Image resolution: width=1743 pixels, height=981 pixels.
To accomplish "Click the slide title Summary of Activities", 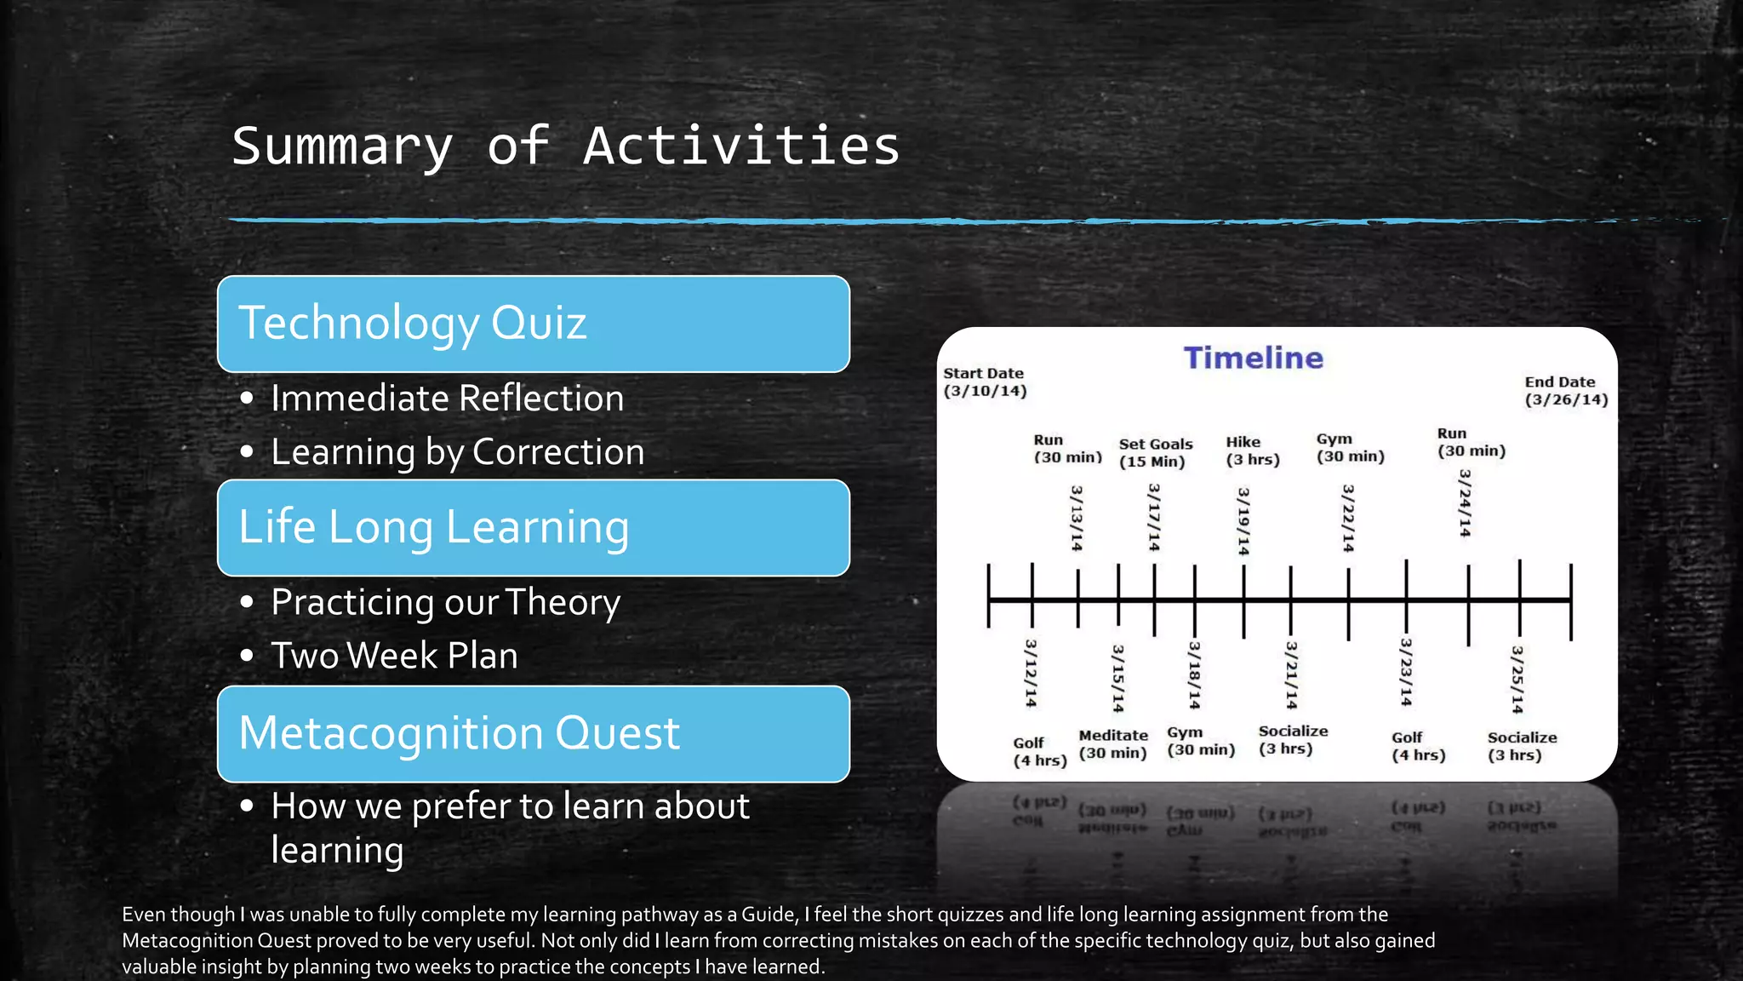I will tap(565, 146).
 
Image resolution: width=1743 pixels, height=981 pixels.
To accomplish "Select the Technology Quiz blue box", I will tap(533, 324).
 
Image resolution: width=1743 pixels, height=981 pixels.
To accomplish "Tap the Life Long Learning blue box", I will tap(533, 527).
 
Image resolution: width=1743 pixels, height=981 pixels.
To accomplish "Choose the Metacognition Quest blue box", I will tap(533, 733).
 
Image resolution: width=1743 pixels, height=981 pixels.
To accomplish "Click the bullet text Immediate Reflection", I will tap(447, 399).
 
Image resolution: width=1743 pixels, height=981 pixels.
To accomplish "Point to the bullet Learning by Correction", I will tap(457, 452).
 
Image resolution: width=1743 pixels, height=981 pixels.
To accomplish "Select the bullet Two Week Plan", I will tap(394, 656).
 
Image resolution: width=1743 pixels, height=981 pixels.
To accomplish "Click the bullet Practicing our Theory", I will tap(445, 602).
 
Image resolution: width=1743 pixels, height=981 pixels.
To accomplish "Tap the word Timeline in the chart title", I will tap(1253, 358).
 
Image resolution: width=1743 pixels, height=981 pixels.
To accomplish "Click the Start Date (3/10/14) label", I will tap(985, 382).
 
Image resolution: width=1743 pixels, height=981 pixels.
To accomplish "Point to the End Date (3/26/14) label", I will tap(1565, 391).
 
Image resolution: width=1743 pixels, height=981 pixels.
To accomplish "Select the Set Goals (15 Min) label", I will tap(1155, 453).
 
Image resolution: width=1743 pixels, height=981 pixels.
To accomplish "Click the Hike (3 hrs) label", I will tap(1252, 450).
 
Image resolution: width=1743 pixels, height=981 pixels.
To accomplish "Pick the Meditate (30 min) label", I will tap(1112, 744).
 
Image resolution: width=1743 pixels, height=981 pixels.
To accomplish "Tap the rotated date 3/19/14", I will tap(1243, 521).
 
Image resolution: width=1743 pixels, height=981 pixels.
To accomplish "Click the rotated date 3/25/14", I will tap(1517, 679).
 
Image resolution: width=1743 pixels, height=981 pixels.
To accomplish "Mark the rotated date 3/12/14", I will tap(1031, 673).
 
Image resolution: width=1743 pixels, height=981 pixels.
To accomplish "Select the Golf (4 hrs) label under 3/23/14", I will tap(1417, 747).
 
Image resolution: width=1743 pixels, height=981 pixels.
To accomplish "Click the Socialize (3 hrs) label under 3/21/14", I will tap(1292, 740).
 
